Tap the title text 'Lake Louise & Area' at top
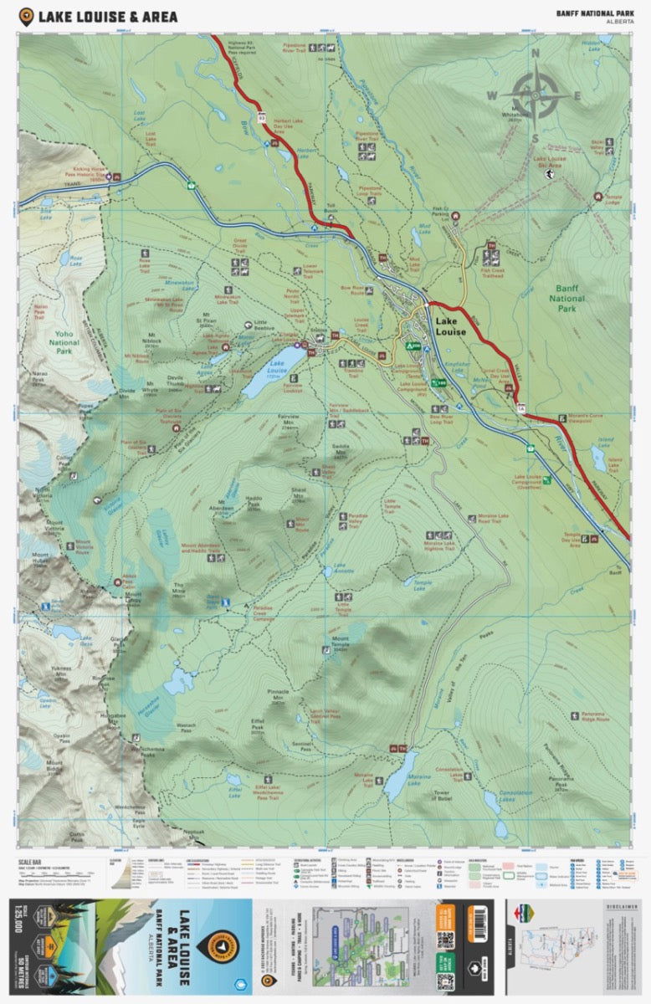112,15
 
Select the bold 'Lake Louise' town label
457,325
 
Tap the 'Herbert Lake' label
308,151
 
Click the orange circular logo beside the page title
26,15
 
